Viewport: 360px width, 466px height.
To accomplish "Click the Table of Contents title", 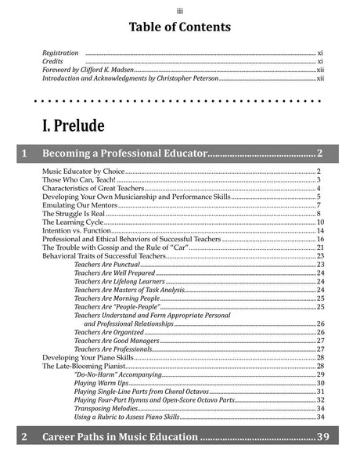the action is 180,27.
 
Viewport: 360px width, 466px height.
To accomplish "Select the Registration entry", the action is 60,52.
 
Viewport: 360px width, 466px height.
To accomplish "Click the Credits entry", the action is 52,61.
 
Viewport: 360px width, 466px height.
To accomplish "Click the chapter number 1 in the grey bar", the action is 26,153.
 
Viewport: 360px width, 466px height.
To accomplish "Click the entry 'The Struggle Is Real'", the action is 72,214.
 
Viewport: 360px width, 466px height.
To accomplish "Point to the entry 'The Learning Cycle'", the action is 70,222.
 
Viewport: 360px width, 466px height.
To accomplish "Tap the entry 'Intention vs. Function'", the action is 77,231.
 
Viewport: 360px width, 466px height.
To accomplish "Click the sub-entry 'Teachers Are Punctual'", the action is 106,265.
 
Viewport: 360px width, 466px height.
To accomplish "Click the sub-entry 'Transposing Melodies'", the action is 106,408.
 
